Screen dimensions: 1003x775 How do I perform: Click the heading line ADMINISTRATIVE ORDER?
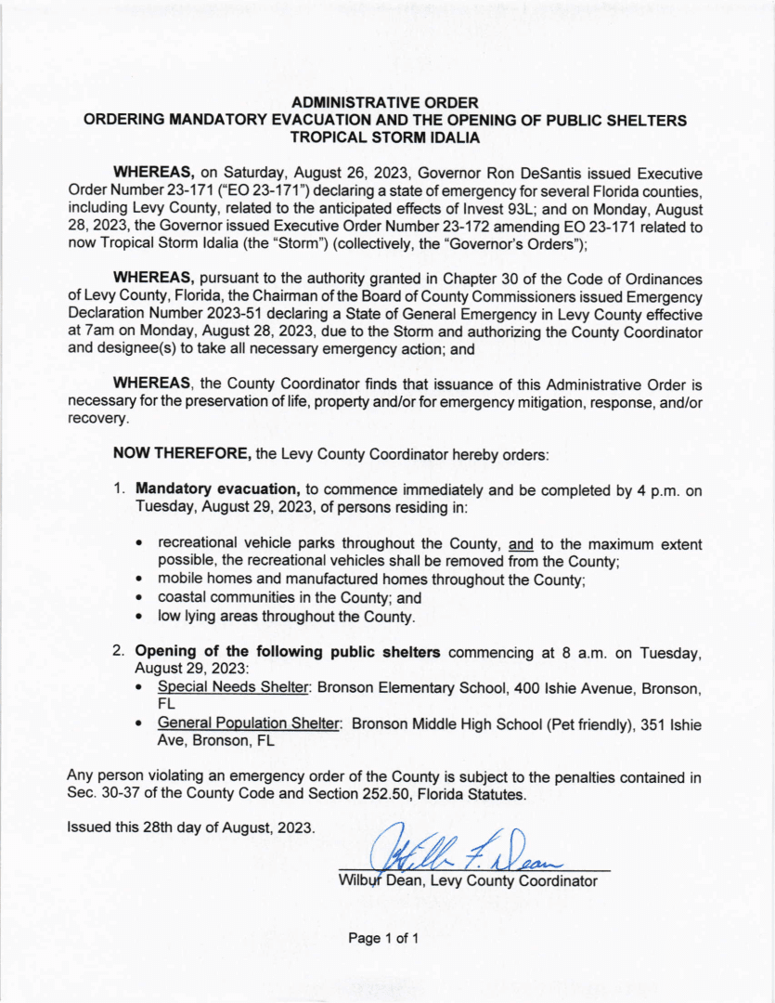click(x=385, y=102)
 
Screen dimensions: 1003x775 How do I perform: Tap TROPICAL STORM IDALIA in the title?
click(x=385, y=137)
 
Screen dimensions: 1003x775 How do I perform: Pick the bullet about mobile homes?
click(x=362, y=580)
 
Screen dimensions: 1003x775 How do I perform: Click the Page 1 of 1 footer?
click(x=384, y=939)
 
